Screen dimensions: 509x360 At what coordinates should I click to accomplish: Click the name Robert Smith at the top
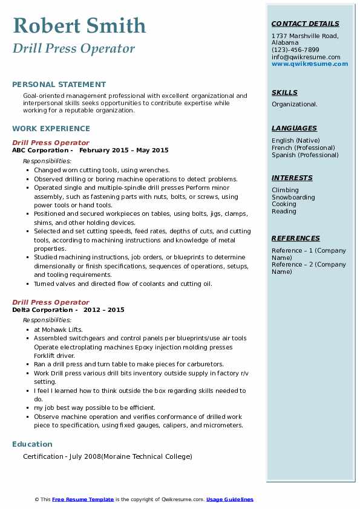tap(79, 25)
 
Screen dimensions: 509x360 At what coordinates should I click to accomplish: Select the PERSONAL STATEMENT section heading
tap(59, 85)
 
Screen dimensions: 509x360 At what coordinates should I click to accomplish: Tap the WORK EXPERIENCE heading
tap(51, 129)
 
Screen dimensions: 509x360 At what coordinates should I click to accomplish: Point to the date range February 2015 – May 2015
tap(123, 151)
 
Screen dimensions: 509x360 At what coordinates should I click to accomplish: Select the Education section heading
tap(32, 444)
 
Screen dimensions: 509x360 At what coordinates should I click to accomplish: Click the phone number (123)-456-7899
tap(295, 50)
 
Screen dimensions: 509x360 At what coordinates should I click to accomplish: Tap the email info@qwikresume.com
tap(306, 57)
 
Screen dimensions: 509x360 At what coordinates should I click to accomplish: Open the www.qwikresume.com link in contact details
tap(310, 63)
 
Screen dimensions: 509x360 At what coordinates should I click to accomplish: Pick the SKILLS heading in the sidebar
tap(284, 92)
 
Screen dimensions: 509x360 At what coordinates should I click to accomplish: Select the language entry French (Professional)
tap(303, 148)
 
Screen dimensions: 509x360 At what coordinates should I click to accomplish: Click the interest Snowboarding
tap(293, 198)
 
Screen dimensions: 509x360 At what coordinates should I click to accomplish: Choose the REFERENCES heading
tap(295, 238)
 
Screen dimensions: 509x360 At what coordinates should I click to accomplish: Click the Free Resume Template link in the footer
tap(83, 499)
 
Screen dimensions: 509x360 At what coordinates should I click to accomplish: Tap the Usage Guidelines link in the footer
tap(230, 499)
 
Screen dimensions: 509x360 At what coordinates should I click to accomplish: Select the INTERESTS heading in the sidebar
tap(292, 178)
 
